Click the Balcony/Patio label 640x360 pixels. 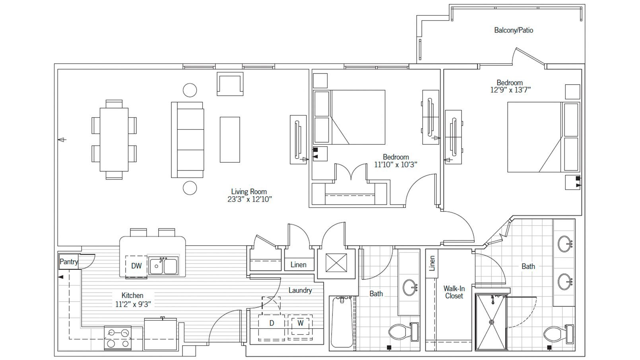[x=513, y=30]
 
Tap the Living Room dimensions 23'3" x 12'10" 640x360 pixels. [x=249, y=199]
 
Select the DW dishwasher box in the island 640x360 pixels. [x=136, y=266]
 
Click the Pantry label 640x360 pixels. [x=69, y=262]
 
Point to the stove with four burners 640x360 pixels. [x=117, y=338]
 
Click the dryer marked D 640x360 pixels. [x=272, y=323]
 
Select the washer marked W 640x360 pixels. [x=300, y=323]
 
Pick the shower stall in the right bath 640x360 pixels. [x=491, y=322]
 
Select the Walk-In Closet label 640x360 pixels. [x=454, y=292]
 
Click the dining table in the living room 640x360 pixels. [x=114, y=139]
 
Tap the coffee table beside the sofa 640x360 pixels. [x=230, y=139]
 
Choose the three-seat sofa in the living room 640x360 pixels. [x=188, y=139]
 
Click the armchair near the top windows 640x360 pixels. [x=230, y=83]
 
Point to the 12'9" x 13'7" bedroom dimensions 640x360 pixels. [x=510, y=90]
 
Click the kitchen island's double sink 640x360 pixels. [x=163, y=266]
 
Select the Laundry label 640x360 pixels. [x=300, y=290]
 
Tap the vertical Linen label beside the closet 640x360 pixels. [x=432, y=263]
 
